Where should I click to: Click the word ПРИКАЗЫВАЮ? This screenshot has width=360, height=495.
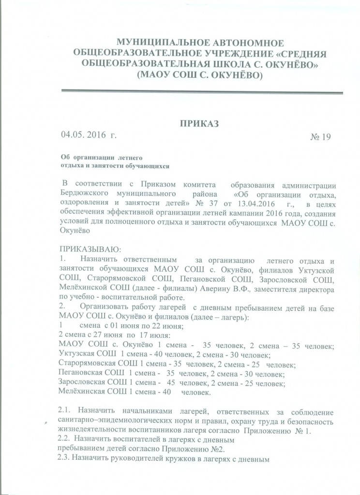pyautogui.click(x=86, y=248)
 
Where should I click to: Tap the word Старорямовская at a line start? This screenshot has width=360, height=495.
pyautogui.click(x=87, y=364)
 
